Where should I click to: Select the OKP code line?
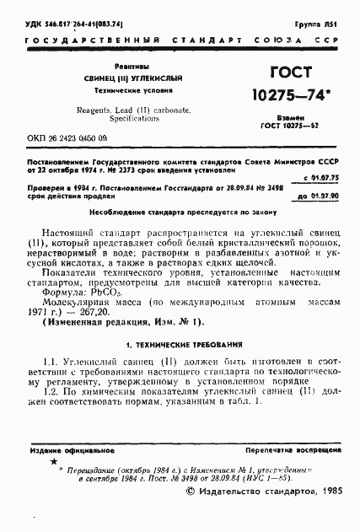coord(68,135)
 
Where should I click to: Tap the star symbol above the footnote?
coord(56,463)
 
